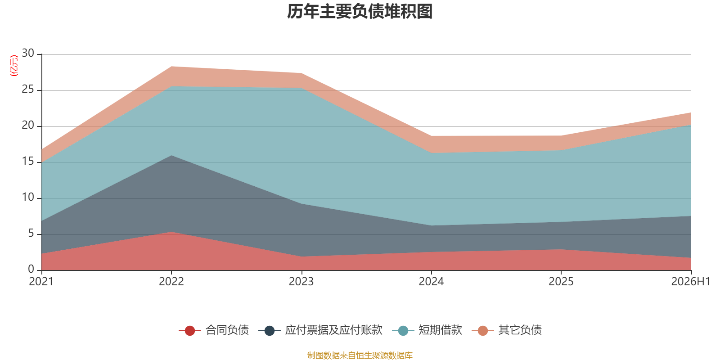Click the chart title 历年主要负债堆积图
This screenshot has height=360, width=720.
pyautogui.click(x=360, y=12)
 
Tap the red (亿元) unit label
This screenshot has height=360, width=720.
pyautogui.click(x=14, y=66)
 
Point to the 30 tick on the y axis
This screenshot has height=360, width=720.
pyautogui.click(x=28, y=53)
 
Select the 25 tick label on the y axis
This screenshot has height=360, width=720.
pyautogui.click(x=28, y=89)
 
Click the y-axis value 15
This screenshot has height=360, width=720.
pyautogui.click(x=28, y=161)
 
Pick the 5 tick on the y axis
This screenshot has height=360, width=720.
pyautogui.click(x=31, y=233)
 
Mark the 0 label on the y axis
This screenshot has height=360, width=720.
pyautogui.click(x=31, y=269)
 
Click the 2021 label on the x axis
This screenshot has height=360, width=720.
pyautogui.click(x=41, y=282)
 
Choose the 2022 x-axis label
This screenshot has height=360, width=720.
pyautogui.click(x=171, y=282)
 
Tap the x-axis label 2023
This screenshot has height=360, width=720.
pyautogui.click(x=301, y=282)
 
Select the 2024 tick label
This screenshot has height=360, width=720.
pyautogui.click(x=431, y=282)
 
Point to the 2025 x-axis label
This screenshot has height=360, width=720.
pyautogui.click(x=561, y=282)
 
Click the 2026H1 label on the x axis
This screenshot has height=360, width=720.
pyautogui.click(x=691, y=282)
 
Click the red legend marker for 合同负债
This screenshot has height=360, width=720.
pyautogui.click(x=189, y=330)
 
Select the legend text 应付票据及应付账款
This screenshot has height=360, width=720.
pyautogui.click(x=333, y=330)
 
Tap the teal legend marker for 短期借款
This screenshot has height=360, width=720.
pyautogui.click(x=403, y=330)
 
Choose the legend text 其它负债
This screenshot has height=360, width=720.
pyautogui.click(x=520, y=330)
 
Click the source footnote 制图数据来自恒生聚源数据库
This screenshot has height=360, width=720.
pyautogui.click(x=360, y=355)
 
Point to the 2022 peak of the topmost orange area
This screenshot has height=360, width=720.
pyautogui.click(x=171, y=67)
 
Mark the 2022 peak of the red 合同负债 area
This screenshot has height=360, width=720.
pyautogui.click(x=171, y=232)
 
